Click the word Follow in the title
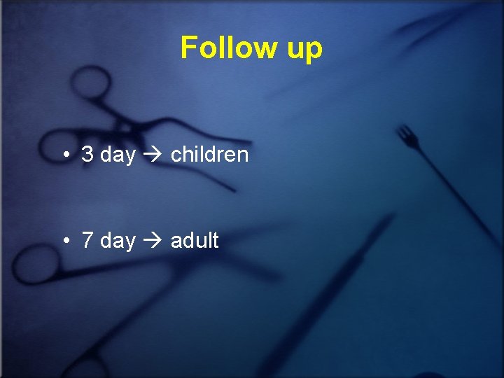[220, 48]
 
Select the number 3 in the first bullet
[87, 155]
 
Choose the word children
[209, 155]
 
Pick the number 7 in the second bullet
[87, 241]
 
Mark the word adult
[195, 241]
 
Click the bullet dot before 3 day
[64, 155]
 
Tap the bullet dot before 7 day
[64, 241]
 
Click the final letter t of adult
[215, 241]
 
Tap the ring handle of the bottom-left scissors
[31, 262]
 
